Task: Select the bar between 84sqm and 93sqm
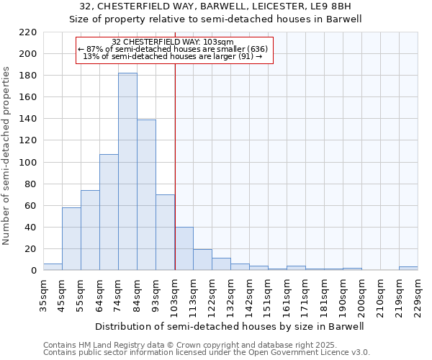[x=146, y=194]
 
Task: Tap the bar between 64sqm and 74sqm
[x=109, y=212]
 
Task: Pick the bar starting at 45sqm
[x=71, y=238]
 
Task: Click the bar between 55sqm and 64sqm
[x=90, y=230]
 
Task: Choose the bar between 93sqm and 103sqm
[x=165, y=232]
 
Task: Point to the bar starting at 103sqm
[x=184, y=248]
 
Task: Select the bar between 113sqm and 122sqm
[x=202, y=259]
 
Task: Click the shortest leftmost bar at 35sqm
[x=53, y=266]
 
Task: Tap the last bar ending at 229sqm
[x=408, y=268]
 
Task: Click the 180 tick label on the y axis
[x=28, y=76]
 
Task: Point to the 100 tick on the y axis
[x=28, y=162]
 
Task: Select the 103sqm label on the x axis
[x=174, y=294]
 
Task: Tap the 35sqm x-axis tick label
[x=43, y=294]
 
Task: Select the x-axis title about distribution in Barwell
[x=230, y=326]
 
